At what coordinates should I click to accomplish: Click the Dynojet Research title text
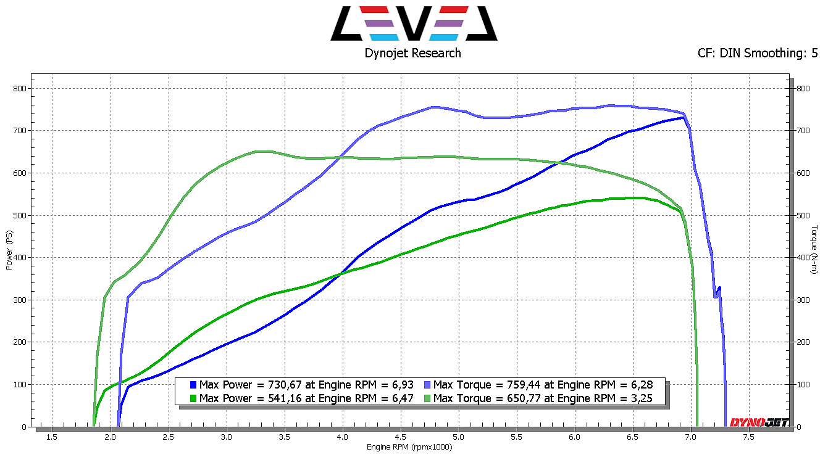point(412,53)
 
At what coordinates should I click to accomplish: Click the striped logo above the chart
point(413,23)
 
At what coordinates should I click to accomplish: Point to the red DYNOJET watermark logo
point(758,422)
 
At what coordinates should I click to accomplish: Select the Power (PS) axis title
point(9,250)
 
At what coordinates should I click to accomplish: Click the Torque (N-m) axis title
point(814,250)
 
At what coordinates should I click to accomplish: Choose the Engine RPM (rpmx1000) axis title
point(409,447)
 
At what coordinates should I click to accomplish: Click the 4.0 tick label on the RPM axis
point(342,437)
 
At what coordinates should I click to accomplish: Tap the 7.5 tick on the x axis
point(748,437)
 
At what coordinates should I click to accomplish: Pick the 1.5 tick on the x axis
point(52,437)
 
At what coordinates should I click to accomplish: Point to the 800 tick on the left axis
point(20,88)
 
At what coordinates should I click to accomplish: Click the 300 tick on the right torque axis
point(802,300)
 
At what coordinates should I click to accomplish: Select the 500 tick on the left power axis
point(20,215)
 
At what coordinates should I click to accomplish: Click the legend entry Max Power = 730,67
point(306,384)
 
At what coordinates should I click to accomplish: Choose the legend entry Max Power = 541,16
point(306,398)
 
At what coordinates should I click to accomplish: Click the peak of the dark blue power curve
point(682,117)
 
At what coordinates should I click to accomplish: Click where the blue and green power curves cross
point(338,276)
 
